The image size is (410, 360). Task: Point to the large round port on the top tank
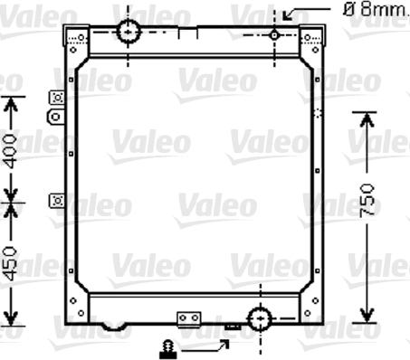coord(129,32)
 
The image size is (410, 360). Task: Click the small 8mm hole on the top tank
coord(273,34)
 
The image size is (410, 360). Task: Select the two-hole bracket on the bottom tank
coord(188,318)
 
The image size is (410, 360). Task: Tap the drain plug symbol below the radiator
coord(167,347)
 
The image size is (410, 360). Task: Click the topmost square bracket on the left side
coord(57,98)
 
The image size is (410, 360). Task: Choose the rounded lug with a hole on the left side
coord(56,116)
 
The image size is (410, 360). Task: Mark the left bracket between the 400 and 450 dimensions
coord(57,200)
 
